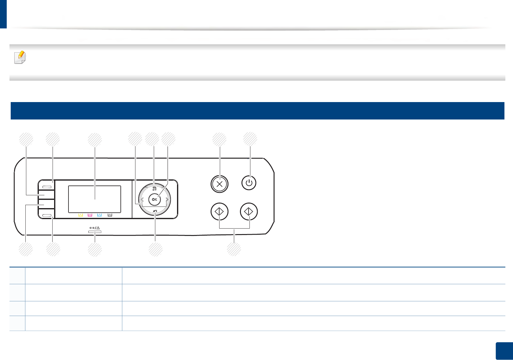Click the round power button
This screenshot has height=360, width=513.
pyautogui.click(x=249, y=183)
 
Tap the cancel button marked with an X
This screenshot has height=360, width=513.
pyautogui.click(x=220, y=184)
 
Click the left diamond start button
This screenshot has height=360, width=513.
pyautogui.click(x=220, y=211)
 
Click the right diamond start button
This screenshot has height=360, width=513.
pyautogui.click(x=249, y=211)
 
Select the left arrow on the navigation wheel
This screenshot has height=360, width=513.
pyautogui.click(x=142, y=200)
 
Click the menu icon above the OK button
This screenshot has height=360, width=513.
pyautogui.click(x=155, y=189)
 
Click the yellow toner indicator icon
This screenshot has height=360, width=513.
pyautogui.click(x=81, y=215)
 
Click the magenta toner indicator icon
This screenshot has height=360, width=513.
pyautogui.click(x=90, y=215)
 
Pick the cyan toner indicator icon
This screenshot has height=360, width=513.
pyautogui.click(x=99, y=215)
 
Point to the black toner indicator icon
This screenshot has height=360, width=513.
pyautogui.click(x=110, y=215)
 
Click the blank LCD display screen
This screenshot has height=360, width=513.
pyautogui.click(x=94, y=199)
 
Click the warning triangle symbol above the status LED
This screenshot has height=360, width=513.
pyautogui.click(x=98, y=228)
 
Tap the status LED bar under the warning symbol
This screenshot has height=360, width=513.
pyautogui.click(x=95, y=232)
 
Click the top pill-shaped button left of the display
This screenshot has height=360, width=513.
pyautogui.click(x=47, y=186)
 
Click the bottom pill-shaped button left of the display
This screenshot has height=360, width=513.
pyautogui.click(x=47, y=215)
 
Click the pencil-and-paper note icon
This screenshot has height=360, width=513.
pyautogui.click(x=20, y=57)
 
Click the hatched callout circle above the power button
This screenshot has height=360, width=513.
pyautogui.click(x=250, y=139)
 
